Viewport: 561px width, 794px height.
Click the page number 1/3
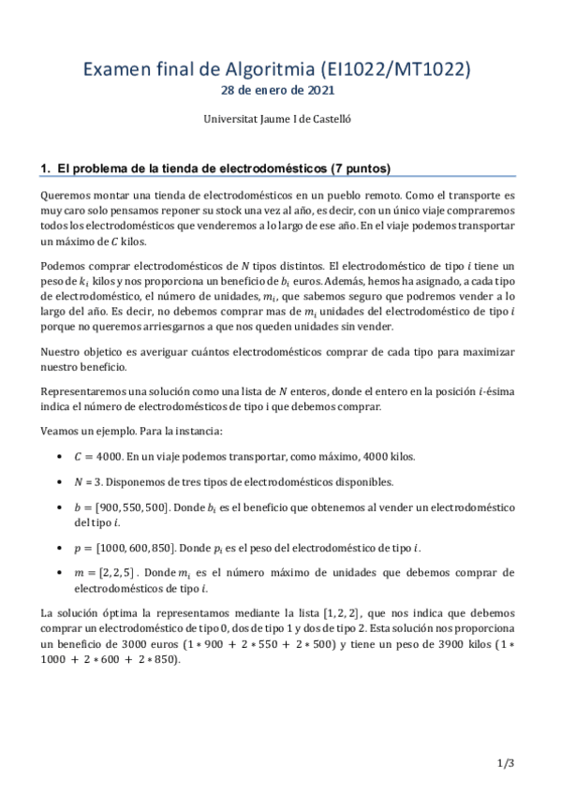(x=507, y=764)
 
